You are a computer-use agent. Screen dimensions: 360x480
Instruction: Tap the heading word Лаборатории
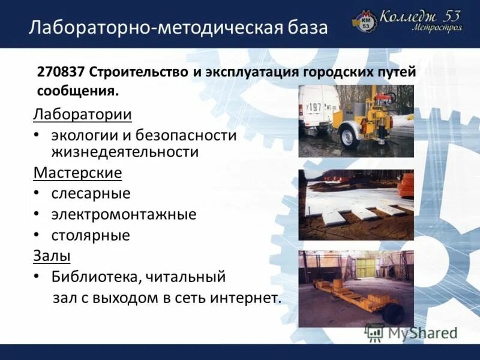[x=83, y=114]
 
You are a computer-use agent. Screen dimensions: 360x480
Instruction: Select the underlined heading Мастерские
[x=78, y=173]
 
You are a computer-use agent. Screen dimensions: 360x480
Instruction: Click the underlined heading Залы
[x=52, y=256]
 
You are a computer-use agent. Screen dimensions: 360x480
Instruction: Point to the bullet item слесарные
[x=91, y=194]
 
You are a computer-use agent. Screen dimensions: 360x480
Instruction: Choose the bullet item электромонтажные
[x=124, y=214]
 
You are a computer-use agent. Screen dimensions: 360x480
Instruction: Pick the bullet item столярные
[x=91, y=235]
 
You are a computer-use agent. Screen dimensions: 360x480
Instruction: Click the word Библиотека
[x=96, y=277]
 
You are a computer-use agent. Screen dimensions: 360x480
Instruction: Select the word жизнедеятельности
[x=125, y=152]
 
